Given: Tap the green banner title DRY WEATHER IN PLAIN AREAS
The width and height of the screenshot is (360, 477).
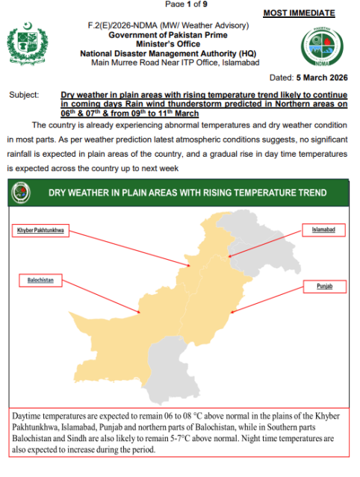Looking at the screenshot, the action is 187,193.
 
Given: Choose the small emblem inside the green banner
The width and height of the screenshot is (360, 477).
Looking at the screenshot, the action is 21,193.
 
